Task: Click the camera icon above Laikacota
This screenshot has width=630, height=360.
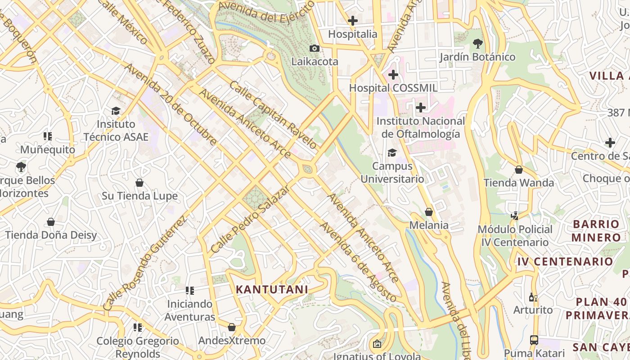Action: [x=315, y=48]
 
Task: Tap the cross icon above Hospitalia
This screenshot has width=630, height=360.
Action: [x=353, y=20]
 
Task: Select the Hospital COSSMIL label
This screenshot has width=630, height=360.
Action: [x=393, y=88]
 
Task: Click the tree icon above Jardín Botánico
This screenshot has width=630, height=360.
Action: [x=477, y=44]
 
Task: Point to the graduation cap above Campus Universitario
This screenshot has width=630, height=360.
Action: [x=392, y=153]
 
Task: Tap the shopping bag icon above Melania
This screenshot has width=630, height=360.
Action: [x=429, y=211]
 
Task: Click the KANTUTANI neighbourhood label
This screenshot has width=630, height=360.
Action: [x=272, y=289]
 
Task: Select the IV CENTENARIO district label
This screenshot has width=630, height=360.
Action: [x=565, y=261]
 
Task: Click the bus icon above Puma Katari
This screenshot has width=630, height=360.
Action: [x=534, y=340]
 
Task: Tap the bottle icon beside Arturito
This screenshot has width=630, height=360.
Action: [x=533, y=297]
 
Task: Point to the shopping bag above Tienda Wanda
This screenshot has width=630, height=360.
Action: [x=519, y=170]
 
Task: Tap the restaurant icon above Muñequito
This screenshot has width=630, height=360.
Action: [x=48, y=136]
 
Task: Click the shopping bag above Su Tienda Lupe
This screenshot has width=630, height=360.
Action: [x=139, y=183]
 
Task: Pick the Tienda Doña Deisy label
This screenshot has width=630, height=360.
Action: [x=51, y=235]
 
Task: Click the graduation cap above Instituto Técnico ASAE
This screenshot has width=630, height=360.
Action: [x=116, y=111]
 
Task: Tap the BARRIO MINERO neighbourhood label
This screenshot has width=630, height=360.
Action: [x=596, y=230]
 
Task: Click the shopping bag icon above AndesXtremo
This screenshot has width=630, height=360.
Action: [x=232, y=327]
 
